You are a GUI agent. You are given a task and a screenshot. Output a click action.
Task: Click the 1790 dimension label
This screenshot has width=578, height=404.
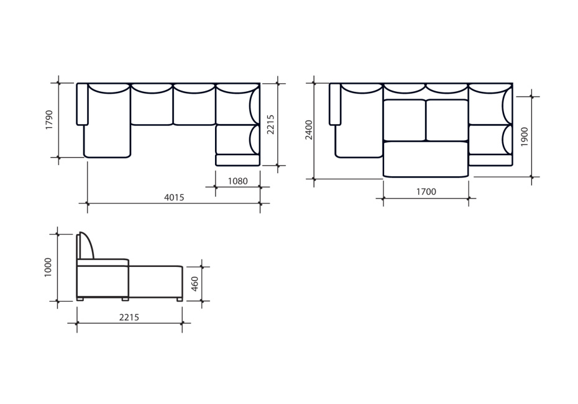tap(49, 120)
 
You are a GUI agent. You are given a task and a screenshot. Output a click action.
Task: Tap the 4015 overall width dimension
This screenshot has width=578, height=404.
tap(174, 197)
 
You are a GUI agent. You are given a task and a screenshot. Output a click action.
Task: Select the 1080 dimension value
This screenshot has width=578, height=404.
tap(238, 181)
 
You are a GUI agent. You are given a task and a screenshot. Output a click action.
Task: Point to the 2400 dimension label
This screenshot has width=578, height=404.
tap(309, 130)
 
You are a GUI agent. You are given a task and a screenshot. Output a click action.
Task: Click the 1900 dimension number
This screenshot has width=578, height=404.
tap(524, 137)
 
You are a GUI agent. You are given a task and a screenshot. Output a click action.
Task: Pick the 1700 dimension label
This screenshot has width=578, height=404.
tap(426, 192)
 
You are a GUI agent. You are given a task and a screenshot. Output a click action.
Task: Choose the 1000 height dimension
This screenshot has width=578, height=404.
tap(48, 267)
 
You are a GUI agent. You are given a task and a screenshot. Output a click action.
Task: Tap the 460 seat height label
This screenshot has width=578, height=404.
tap(195, 284)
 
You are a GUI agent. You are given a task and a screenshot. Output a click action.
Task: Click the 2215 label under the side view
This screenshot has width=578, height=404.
tap(129, 317)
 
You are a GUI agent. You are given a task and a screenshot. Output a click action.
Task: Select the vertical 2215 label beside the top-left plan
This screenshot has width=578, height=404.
tap(270, 124)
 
